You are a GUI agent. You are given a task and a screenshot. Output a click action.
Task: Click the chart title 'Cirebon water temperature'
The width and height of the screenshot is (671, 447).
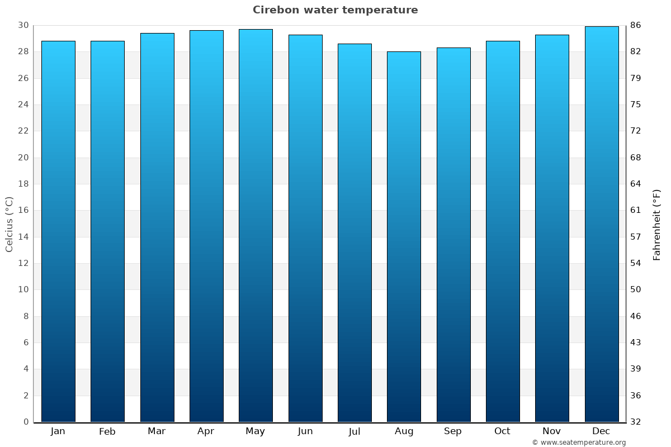click(x=335, y=10)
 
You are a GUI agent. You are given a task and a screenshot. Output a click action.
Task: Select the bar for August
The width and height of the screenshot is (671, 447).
click(x=404, y=237)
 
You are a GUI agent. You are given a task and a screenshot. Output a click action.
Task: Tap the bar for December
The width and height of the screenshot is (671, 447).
click(x=602, y=224)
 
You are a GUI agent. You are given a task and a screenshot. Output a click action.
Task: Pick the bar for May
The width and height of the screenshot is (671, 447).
click(x=256, y=226)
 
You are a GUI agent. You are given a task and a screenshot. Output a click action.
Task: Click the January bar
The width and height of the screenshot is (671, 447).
click(x=58, y=231)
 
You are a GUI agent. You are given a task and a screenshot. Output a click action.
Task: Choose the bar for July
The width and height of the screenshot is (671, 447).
click(x=355, y=233)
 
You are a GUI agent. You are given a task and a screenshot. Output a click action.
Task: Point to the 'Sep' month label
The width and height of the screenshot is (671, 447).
click(x=453, y=431)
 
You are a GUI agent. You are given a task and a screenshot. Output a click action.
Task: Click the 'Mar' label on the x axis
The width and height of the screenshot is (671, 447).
click(x=157, y=431)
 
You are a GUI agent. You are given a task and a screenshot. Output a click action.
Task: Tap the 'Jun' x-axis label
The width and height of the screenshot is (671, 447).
click(x=305, y=431)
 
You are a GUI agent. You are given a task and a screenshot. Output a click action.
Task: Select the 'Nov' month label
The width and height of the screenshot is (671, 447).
click(x=552, y=431)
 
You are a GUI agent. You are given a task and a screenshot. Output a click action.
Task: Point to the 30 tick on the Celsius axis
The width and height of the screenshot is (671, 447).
click(x=23, y=25)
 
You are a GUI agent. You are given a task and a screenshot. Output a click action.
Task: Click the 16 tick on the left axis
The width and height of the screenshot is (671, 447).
click(x=23, y=210)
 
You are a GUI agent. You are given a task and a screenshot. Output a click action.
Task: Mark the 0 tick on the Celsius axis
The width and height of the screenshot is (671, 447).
click(x=26, y=422)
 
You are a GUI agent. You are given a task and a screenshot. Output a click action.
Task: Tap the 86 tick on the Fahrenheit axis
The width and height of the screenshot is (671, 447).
click(x=636, y=25)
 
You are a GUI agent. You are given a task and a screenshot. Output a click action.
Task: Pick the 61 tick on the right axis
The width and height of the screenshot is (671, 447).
click(x=636, y=210)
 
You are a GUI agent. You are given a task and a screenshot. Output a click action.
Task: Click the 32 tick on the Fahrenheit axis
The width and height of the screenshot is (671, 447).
click(x=636, y=422)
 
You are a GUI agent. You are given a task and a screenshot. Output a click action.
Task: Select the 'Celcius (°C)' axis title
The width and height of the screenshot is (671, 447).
click(x=9, y=224)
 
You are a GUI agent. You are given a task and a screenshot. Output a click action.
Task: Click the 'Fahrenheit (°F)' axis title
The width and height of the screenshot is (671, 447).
click(x=656, y=224)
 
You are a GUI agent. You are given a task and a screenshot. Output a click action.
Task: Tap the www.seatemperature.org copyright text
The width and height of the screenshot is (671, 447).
click(x=579, y=443)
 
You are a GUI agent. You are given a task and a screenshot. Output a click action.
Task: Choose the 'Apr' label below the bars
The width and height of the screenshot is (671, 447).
click(x=206, y=431)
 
